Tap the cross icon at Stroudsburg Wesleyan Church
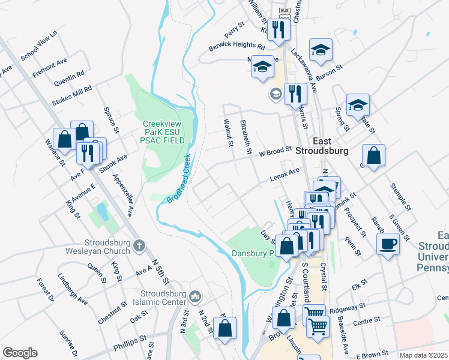click(x=139, y=245)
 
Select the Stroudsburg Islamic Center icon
click(x=195, y=296)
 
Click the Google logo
click(x=20, y=353)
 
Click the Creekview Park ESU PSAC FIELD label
click(x=163, y=132)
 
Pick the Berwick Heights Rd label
click(x=237, y=46)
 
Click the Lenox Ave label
click(x=285, y=174)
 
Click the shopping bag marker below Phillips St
click(x=225, y=329)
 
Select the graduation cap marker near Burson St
click(x=321, y=50)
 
